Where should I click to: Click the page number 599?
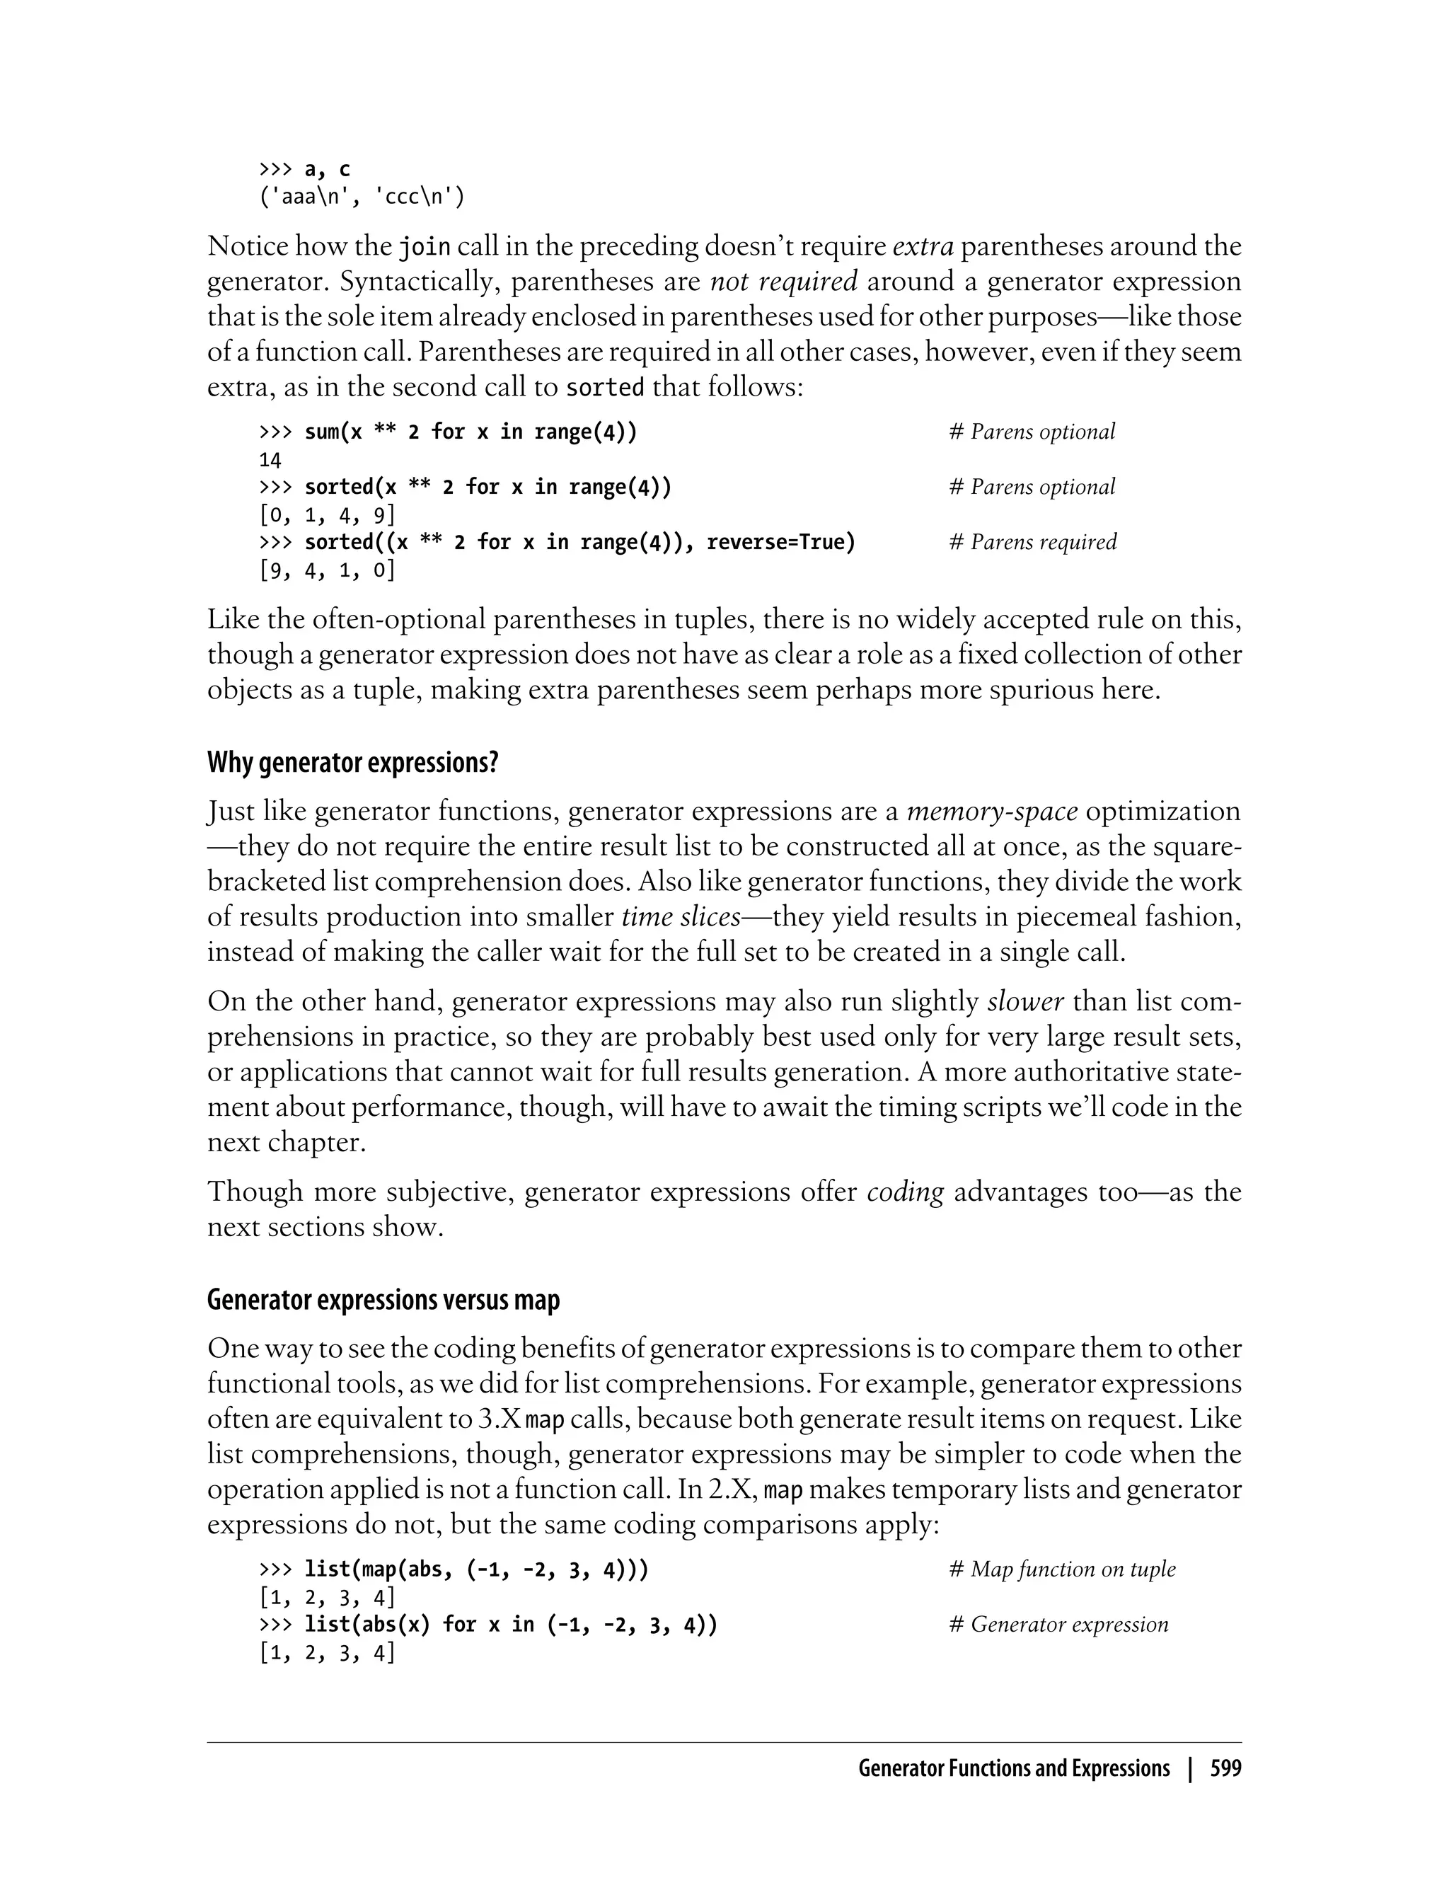1225,1769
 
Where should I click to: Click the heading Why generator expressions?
353,763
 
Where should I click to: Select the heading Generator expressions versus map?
383,1300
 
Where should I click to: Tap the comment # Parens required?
1032,543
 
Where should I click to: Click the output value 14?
270,460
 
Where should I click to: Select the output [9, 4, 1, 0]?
327,570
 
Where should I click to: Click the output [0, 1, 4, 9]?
327,515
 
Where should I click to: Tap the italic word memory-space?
992,812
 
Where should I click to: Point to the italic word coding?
905,1192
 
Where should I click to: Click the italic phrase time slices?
681,917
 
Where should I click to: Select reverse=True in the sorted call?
780,543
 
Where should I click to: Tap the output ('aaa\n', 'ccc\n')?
362,197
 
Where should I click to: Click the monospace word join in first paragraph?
425,248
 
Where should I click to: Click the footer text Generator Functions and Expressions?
1013,1769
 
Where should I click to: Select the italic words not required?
783,282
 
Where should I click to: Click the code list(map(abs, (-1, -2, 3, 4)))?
476,1570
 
